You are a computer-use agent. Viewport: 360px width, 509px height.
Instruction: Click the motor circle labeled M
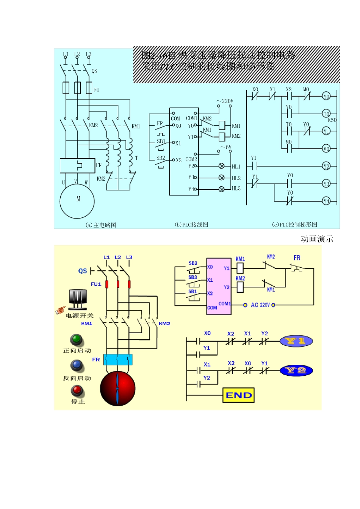[x=77, y=201]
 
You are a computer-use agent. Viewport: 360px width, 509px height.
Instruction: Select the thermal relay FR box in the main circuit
[x=77, y=166]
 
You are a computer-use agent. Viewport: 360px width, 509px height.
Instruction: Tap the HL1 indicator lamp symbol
[x=222, y=166]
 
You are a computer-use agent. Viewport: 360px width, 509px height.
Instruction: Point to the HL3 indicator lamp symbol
[x=222, y=189]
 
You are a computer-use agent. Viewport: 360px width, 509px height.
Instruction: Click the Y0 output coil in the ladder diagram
[x=326, y=96]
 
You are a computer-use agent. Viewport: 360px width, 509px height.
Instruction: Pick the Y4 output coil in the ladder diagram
[x=326, y=201]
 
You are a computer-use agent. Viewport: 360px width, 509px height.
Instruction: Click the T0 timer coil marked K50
[x=326, y=114]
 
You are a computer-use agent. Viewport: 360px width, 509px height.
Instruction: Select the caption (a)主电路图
[x=101, y=225]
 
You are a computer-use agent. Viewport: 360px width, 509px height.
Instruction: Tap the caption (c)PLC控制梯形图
[x=294, y=225]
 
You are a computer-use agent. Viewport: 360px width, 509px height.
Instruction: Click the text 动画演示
[x=317, y=239]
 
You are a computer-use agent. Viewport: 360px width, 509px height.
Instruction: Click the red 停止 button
[x=77, y=390]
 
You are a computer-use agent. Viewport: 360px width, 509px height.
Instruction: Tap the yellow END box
[x=238, y=395]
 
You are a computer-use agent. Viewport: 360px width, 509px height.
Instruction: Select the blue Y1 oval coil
[x=296, y=341]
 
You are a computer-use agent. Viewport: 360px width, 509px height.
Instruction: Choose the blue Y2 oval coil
[x=296, y=370]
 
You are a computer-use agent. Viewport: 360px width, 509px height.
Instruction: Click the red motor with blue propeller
[x=117, y=389]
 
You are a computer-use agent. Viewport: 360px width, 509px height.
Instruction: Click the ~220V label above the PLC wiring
[x=225, y=101]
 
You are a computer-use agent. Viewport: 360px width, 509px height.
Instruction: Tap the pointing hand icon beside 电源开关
[x=60, y=310]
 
